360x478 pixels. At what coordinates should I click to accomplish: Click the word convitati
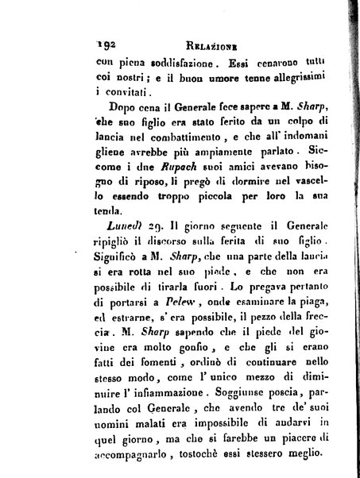tap(126, 101)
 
